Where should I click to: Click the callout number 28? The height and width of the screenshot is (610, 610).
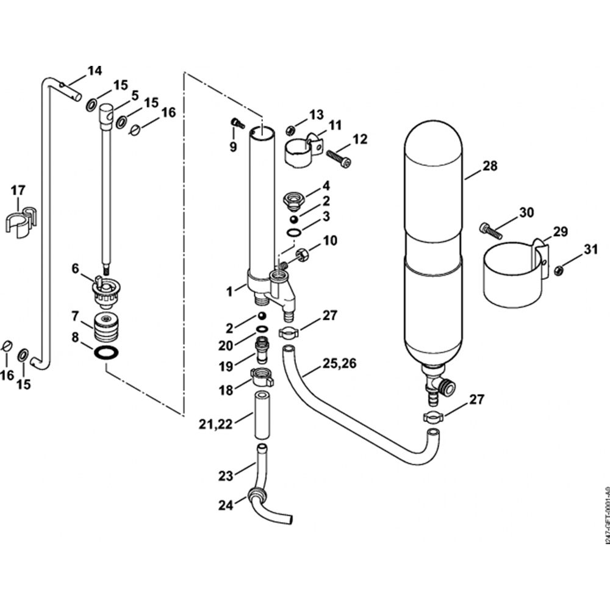click(x=490, y=165)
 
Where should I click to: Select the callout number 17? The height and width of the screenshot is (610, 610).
click(x=18, y=191)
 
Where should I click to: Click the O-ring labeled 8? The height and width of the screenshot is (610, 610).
click(x=106, y=352)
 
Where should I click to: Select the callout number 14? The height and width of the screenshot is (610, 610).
click(x=94, y=71)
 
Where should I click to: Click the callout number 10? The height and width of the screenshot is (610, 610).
click(x=329, y=241)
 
